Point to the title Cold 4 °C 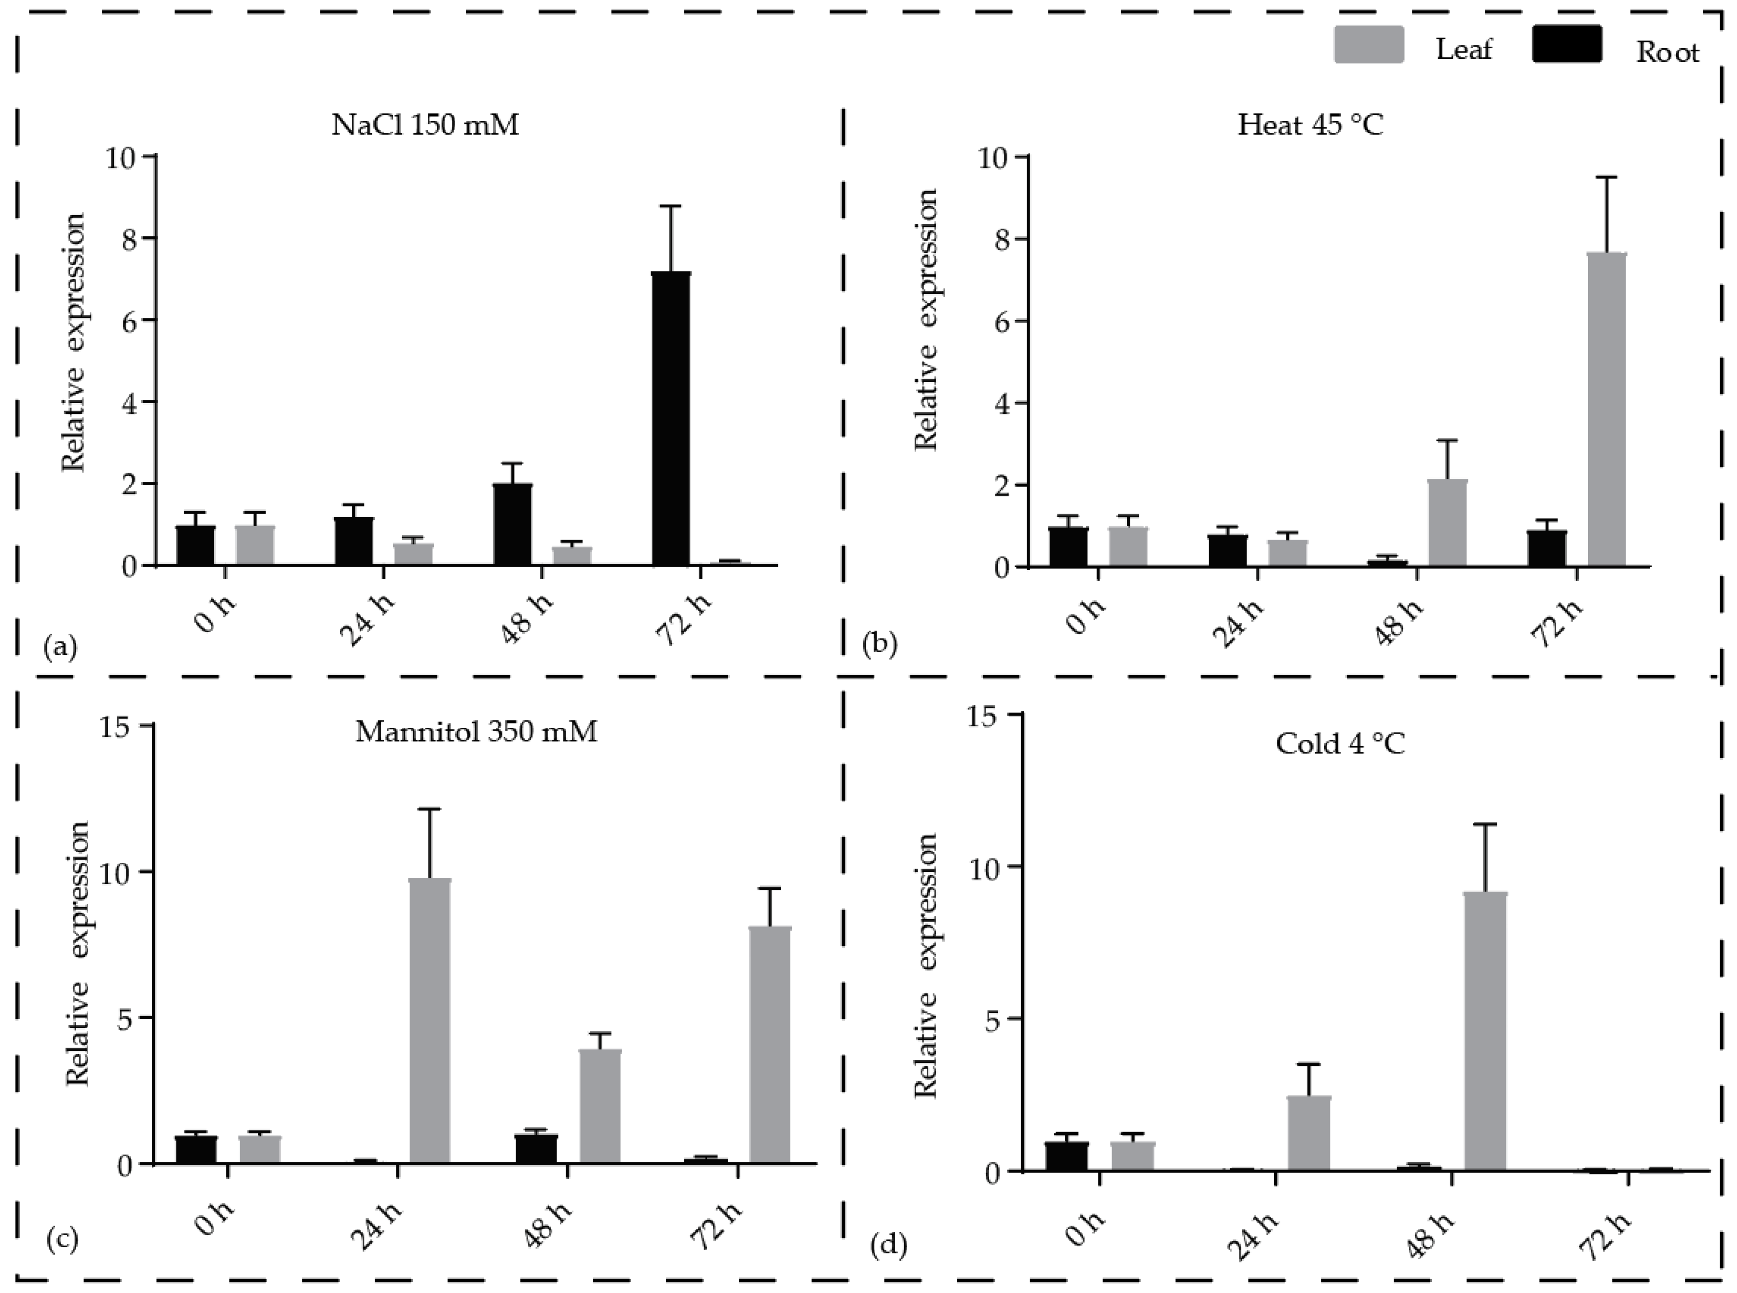1340,744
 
